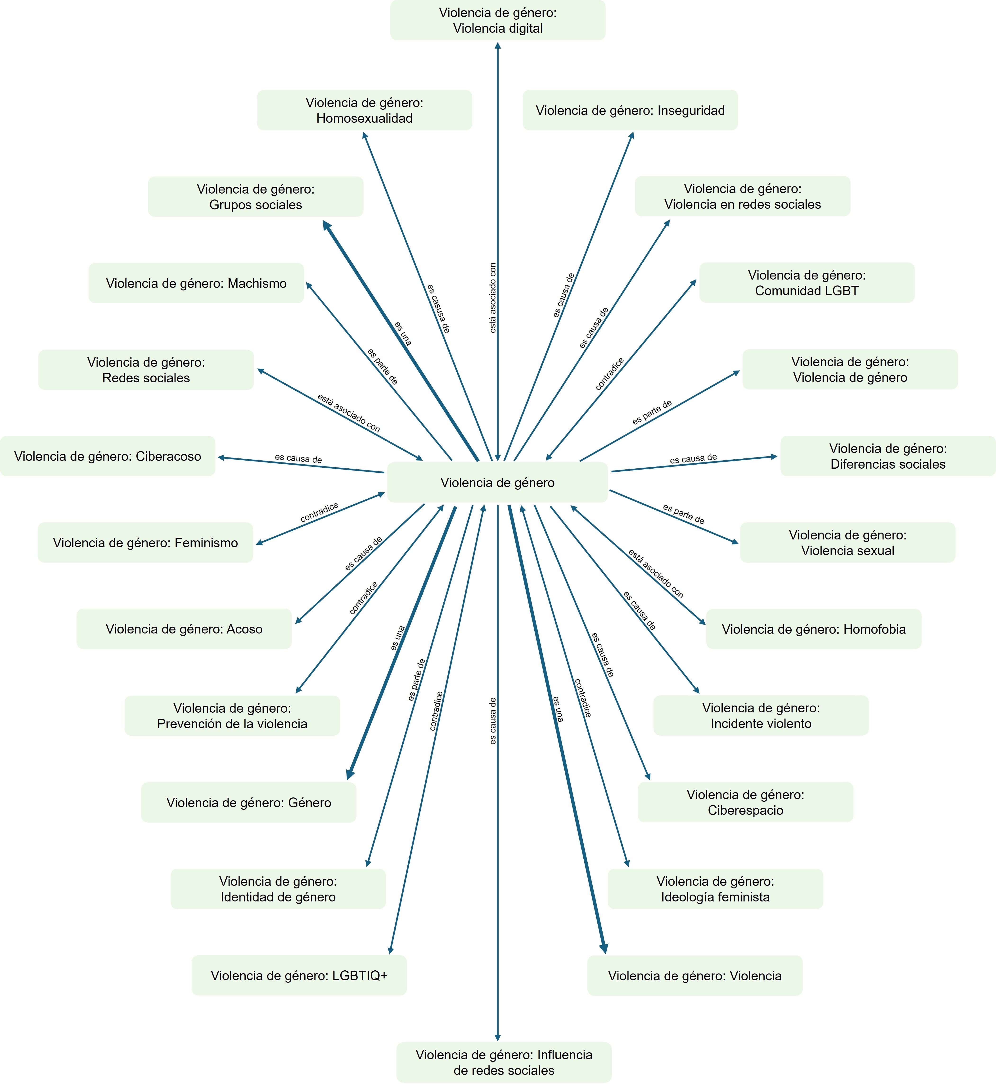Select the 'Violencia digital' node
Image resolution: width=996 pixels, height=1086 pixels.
(497, 20)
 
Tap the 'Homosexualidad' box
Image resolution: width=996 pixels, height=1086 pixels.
(364, 110)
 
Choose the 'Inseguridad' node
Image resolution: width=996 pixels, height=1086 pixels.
(630, 110)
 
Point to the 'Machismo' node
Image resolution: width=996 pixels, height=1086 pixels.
(196, 284)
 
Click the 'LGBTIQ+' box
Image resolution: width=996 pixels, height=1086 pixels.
(299, 976)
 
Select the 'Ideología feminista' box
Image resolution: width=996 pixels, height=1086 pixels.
(715, 889)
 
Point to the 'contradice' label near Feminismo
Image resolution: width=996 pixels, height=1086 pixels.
(320, 512)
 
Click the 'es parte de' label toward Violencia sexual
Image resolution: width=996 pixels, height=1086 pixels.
(683, 514)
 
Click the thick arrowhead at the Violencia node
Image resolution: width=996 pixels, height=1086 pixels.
(604, 950)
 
